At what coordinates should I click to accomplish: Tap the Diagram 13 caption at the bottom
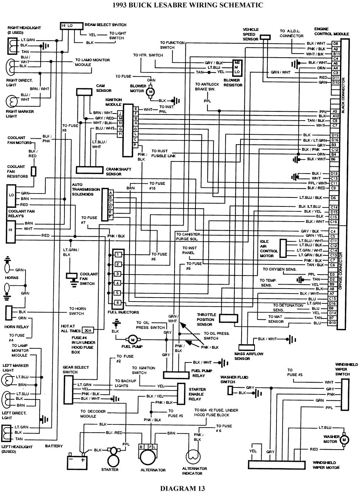182,489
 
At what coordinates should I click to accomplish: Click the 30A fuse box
87,330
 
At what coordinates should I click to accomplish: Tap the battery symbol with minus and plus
78,461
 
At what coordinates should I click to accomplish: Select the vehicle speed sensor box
265,37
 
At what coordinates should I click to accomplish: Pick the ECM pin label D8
335,44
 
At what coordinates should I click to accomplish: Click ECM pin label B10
332,323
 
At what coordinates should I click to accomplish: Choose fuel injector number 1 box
117,255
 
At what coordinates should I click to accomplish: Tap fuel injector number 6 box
117,303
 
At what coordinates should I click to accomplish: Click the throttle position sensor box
228,318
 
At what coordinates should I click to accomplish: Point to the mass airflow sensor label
249,356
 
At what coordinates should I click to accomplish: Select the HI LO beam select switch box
67,26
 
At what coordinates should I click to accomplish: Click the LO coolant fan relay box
12,195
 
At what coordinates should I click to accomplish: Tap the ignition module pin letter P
135,144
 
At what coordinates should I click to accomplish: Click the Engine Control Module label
331,31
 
